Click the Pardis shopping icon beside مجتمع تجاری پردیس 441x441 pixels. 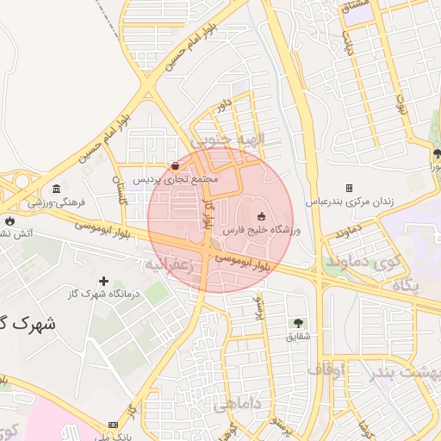[176, 165]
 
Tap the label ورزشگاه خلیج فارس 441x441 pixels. [260, 231]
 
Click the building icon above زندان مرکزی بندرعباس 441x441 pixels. [349, 188]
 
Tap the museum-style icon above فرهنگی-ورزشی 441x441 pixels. [56, 189]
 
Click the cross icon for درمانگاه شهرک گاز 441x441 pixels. [104, 281]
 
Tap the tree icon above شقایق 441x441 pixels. [299, 322]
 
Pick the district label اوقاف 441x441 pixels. [326, 370]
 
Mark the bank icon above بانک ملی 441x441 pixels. [114, 425]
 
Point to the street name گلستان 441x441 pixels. [119, 183]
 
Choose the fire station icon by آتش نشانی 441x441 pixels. [8, 219]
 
